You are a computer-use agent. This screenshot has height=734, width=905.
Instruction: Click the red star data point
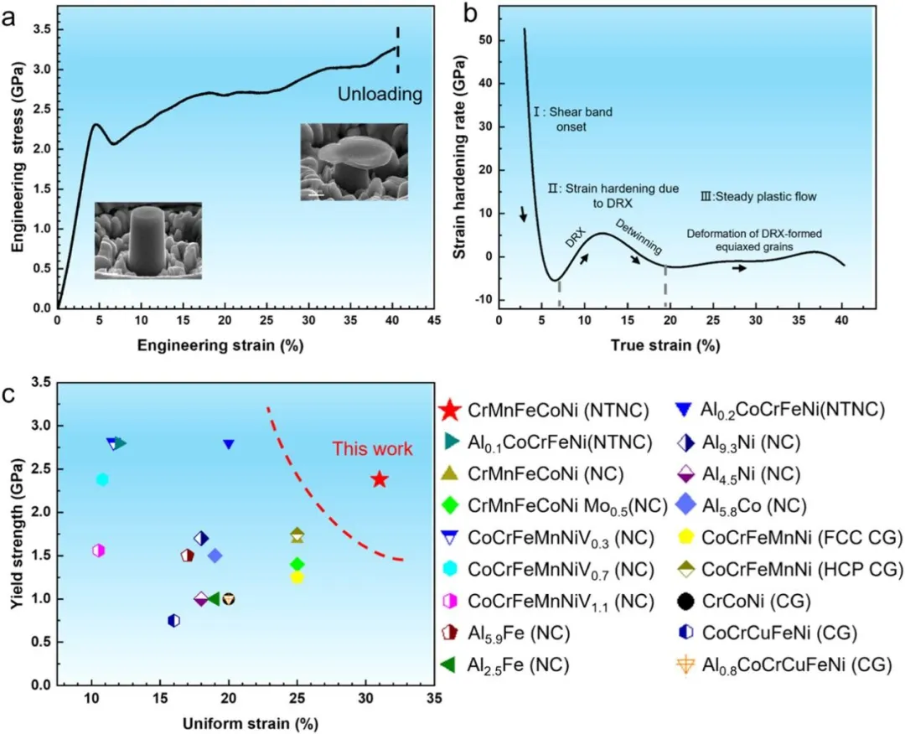click(379, 479)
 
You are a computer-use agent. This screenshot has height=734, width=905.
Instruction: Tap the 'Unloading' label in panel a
click(380, 95)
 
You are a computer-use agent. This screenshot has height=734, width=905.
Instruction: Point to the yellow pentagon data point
click(297, 576)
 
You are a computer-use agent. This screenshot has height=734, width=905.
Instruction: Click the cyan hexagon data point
click(102, 480)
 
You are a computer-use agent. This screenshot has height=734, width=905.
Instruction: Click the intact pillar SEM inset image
click(147, 240)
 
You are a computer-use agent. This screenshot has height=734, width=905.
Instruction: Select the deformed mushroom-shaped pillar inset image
click(354, 162)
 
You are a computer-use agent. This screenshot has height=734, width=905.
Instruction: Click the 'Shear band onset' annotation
click(560, 121)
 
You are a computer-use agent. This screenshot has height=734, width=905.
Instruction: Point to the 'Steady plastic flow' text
click(757, 197)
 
